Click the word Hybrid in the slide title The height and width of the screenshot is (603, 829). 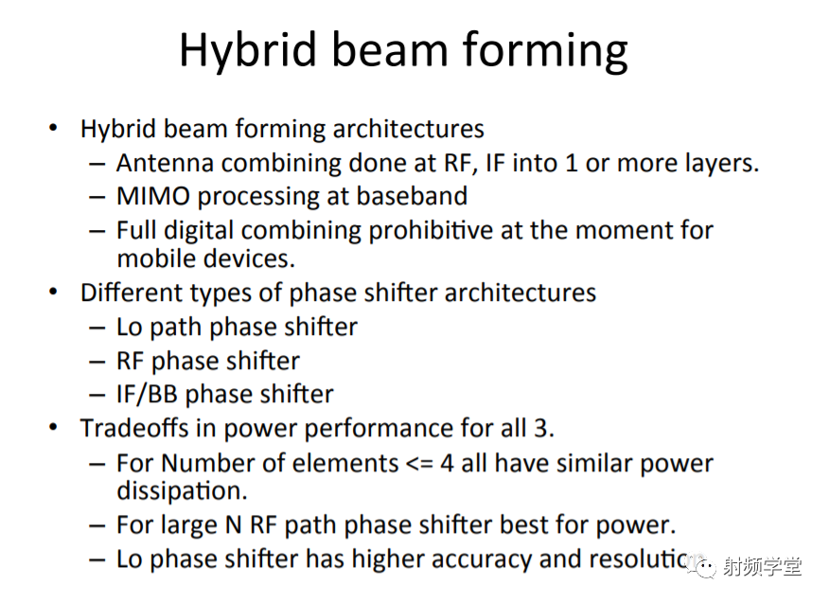click(247, 51)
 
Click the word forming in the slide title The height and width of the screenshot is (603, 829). click(545, 51)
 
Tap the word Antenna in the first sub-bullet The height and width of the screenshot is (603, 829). click(165, 163)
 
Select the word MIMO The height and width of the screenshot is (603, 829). click(153, 196)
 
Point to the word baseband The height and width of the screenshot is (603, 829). click(412, 196)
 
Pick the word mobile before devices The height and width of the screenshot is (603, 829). click(156, 258)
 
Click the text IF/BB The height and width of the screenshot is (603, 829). click(147, 395)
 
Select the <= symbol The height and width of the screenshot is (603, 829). click(419, 464)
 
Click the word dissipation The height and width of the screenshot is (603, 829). click(182, 491)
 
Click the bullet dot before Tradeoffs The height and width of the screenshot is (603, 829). click(53, 426)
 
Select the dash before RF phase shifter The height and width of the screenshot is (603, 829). click(97, 363)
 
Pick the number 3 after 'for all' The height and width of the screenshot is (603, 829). click(540, 429)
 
